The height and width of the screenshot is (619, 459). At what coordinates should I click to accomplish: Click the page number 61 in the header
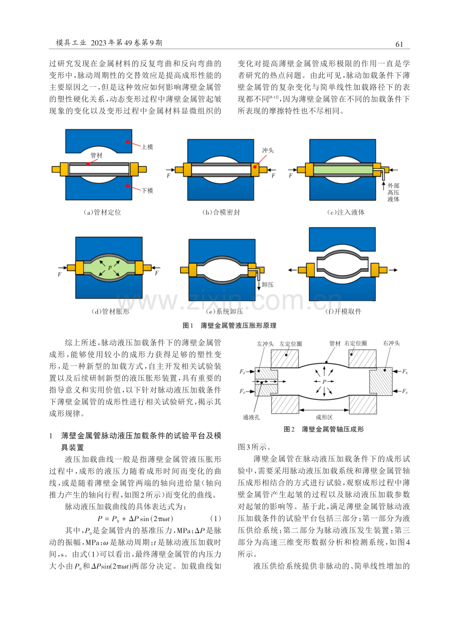[x=399, y=44]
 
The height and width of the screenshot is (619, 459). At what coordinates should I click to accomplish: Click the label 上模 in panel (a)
[x=147, y=147]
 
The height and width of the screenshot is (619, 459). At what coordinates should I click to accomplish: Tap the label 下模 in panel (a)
[x=147, y=191]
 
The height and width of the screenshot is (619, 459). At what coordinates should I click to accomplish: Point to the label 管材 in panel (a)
[x=97, y=155]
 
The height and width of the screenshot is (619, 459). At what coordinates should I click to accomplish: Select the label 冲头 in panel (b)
[x=267, y=150]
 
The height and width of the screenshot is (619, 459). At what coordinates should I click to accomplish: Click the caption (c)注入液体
[x=345, y=212]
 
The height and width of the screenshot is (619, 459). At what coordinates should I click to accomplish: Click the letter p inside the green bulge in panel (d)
[x=110, y=267]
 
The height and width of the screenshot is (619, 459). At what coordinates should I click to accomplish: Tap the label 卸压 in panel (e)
[x=267, y=285]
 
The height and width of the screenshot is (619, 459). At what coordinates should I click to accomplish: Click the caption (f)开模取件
[x=343, y=311]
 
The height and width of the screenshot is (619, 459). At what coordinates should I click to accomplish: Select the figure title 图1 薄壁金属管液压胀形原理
[x=229, y=325]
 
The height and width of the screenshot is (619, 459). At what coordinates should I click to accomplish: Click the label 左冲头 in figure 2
[x=265, y=343]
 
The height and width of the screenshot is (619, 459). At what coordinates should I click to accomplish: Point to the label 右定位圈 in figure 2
[x=355, y=343]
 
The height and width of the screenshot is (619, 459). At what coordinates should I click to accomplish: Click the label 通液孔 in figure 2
[x=251, y=417]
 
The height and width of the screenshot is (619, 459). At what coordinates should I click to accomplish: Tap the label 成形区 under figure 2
[x=324, y=417]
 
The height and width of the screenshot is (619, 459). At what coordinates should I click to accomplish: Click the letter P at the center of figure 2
[x=324, y=381]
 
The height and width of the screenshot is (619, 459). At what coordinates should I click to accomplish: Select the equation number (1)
[x=216, y=519]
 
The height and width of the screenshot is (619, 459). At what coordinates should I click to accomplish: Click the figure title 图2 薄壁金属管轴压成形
[x=324, y=429]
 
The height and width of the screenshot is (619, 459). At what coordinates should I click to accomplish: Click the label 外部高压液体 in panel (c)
[x=393, y=192]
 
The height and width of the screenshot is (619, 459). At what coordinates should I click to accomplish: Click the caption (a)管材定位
[x=102, y=212]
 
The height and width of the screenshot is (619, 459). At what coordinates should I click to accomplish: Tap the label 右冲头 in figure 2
[x=391, y=343]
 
